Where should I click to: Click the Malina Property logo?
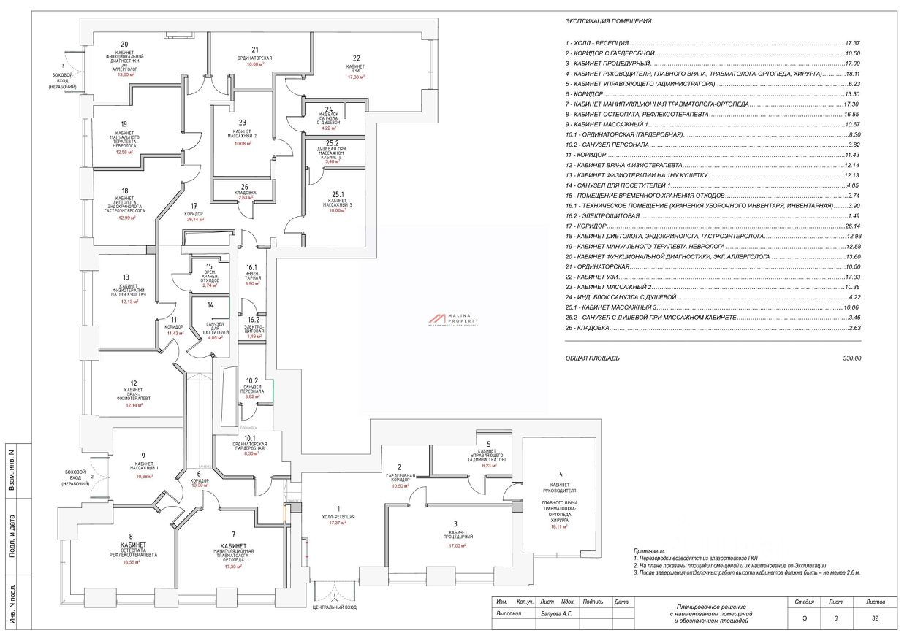click(453, 319)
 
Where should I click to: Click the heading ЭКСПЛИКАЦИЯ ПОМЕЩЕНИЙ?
click(608, 21)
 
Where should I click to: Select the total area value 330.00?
click(852, 358)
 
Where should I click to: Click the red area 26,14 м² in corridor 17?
click(195, 219)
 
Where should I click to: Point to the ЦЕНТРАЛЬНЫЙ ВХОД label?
click(334, 607)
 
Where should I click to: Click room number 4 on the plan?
click(561, 474)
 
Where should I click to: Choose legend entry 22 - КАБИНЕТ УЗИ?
click(593, 277)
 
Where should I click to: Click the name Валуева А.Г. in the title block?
click(556, 615)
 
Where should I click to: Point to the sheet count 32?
click(875, 618)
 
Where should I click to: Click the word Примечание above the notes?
click(650, 550)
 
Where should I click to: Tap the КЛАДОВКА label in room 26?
click(245, 193)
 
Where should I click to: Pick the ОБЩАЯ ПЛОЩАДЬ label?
click(593, 358)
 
